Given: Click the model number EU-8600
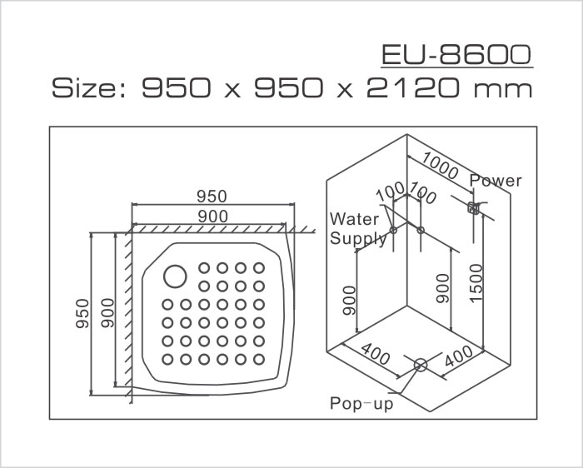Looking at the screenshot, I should [456, 55].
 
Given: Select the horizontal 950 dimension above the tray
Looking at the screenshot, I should [212, 197].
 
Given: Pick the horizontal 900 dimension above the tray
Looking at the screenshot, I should [212, 216].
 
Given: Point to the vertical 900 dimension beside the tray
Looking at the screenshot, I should [107, 313].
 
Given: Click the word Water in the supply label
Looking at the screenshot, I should [355, 220].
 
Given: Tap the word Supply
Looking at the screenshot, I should [359, 239].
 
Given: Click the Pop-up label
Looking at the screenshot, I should [361, 404].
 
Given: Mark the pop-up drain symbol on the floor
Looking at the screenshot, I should [420, 365].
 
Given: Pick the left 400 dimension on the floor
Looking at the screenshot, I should [376, 356].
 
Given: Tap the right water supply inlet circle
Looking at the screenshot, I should [421, 230].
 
